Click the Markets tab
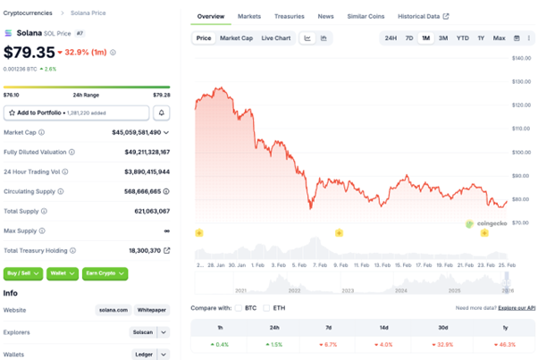[x=249, y=16]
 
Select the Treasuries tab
[x=289, y=16]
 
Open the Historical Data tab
[x=423, y=16]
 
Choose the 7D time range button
[x=409, y=38]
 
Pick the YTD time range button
[x=462, y=38]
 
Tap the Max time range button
[x=499, y=38]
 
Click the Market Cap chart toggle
[x=236, y=38]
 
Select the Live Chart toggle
[x=276, y=38]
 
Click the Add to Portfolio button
[x=76, y=113]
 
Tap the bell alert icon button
[x=162, y=113]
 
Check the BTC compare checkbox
[x=239, y=308]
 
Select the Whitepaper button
[x=152, y=310]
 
